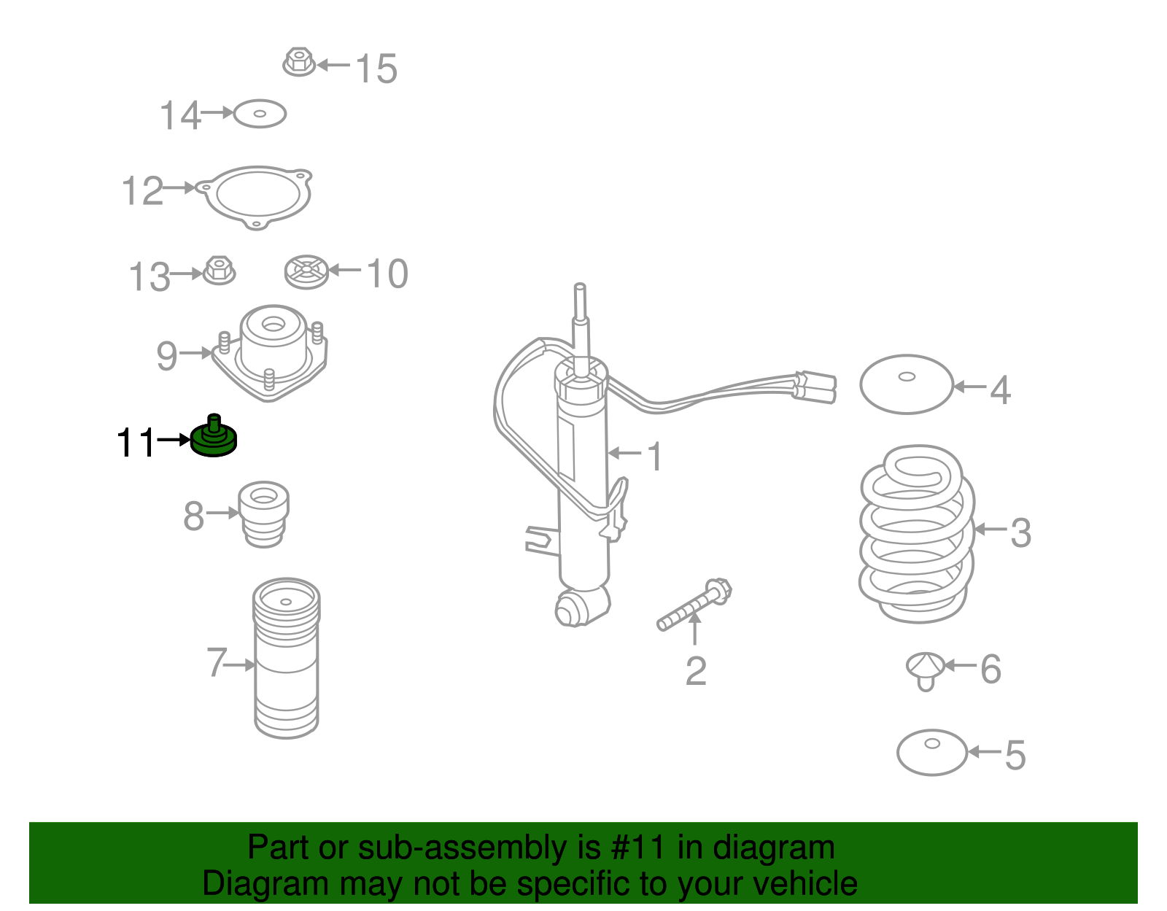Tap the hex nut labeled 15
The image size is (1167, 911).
299,62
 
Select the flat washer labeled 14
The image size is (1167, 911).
260,114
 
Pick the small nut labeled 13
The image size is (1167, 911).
219,270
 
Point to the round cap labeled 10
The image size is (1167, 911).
306,271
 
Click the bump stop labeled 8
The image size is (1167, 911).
264,514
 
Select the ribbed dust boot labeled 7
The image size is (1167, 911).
286,659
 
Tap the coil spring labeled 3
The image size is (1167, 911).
917,534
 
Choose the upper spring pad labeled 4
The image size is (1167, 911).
907,384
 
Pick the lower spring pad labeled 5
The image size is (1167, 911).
931,753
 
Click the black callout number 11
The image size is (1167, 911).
136,442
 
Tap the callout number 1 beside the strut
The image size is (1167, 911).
654,457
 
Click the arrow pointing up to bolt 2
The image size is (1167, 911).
695,628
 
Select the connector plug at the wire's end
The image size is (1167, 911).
815,387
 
